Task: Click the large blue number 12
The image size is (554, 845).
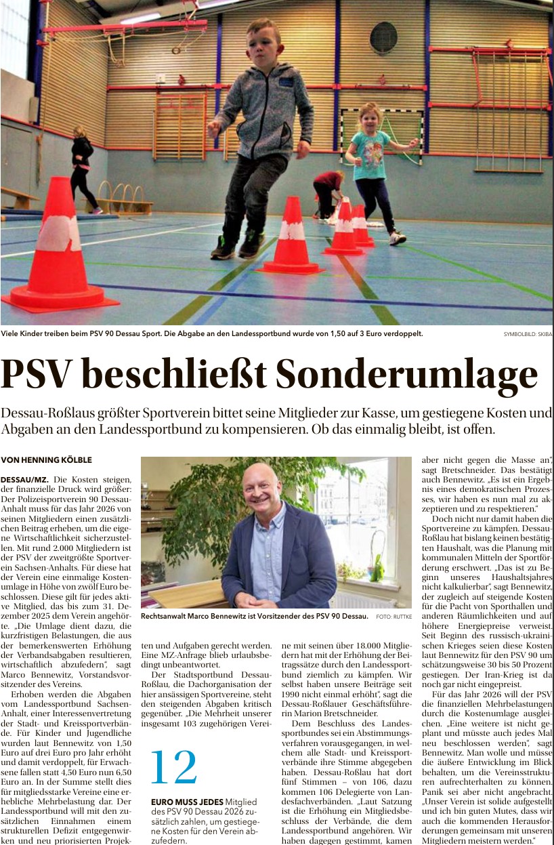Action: (x=173, y=768)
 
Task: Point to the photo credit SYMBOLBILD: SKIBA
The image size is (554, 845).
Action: (x=527, y=334)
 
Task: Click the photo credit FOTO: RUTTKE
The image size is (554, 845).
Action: (x=393, y=617)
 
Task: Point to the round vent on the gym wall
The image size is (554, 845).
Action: (x=384, y=37)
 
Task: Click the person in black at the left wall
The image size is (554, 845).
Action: (x=83, y=169)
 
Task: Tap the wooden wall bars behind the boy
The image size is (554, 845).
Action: (x=179, y=125)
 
